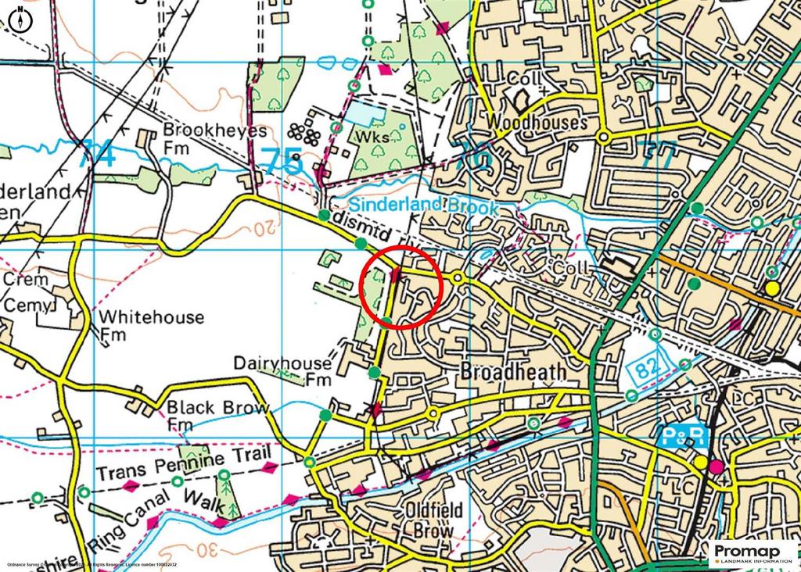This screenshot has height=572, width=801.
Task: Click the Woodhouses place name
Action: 536,123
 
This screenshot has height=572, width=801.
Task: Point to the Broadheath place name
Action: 513,372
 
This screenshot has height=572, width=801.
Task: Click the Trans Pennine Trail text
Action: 184,464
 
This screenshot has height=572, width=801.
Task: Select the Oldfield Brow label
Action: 435,520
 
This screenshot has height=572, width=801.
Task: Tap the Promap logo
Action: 752,554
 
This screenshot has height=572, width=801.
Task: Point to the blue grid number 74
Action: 98,154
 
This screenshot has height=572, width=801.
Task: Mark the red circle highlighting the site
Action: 402,287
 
